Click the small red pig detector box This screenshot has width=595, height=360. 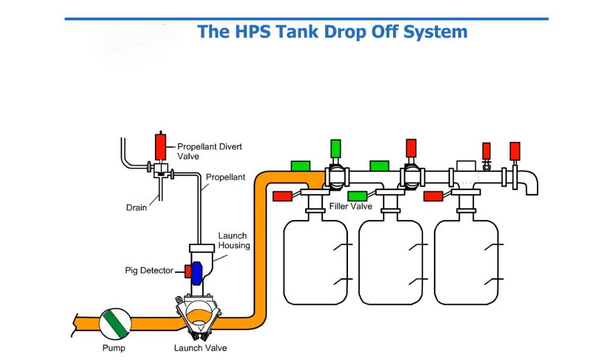click(x=188, y=271)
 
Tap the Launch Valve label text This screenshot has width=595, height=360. click(x=200, y=348)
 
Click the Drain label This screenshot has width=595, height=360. click(x=136, y=208)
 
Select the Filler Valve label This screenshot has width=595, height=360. click(x=350, y=206)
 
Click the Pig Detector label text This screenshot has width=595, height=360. click(x=149, y=270)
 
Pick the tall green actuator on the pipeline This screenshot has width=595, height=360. click(x=336, y=148)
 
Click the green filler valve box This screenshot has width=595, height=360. click(x=357, y=196)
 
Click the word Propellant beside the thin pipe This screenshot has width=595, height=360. click(x=225, y=177)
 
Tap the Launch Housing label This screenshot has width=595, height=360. click(x=234, y=240)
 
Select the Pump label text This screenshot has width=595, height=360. click(x=114, y=348)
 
